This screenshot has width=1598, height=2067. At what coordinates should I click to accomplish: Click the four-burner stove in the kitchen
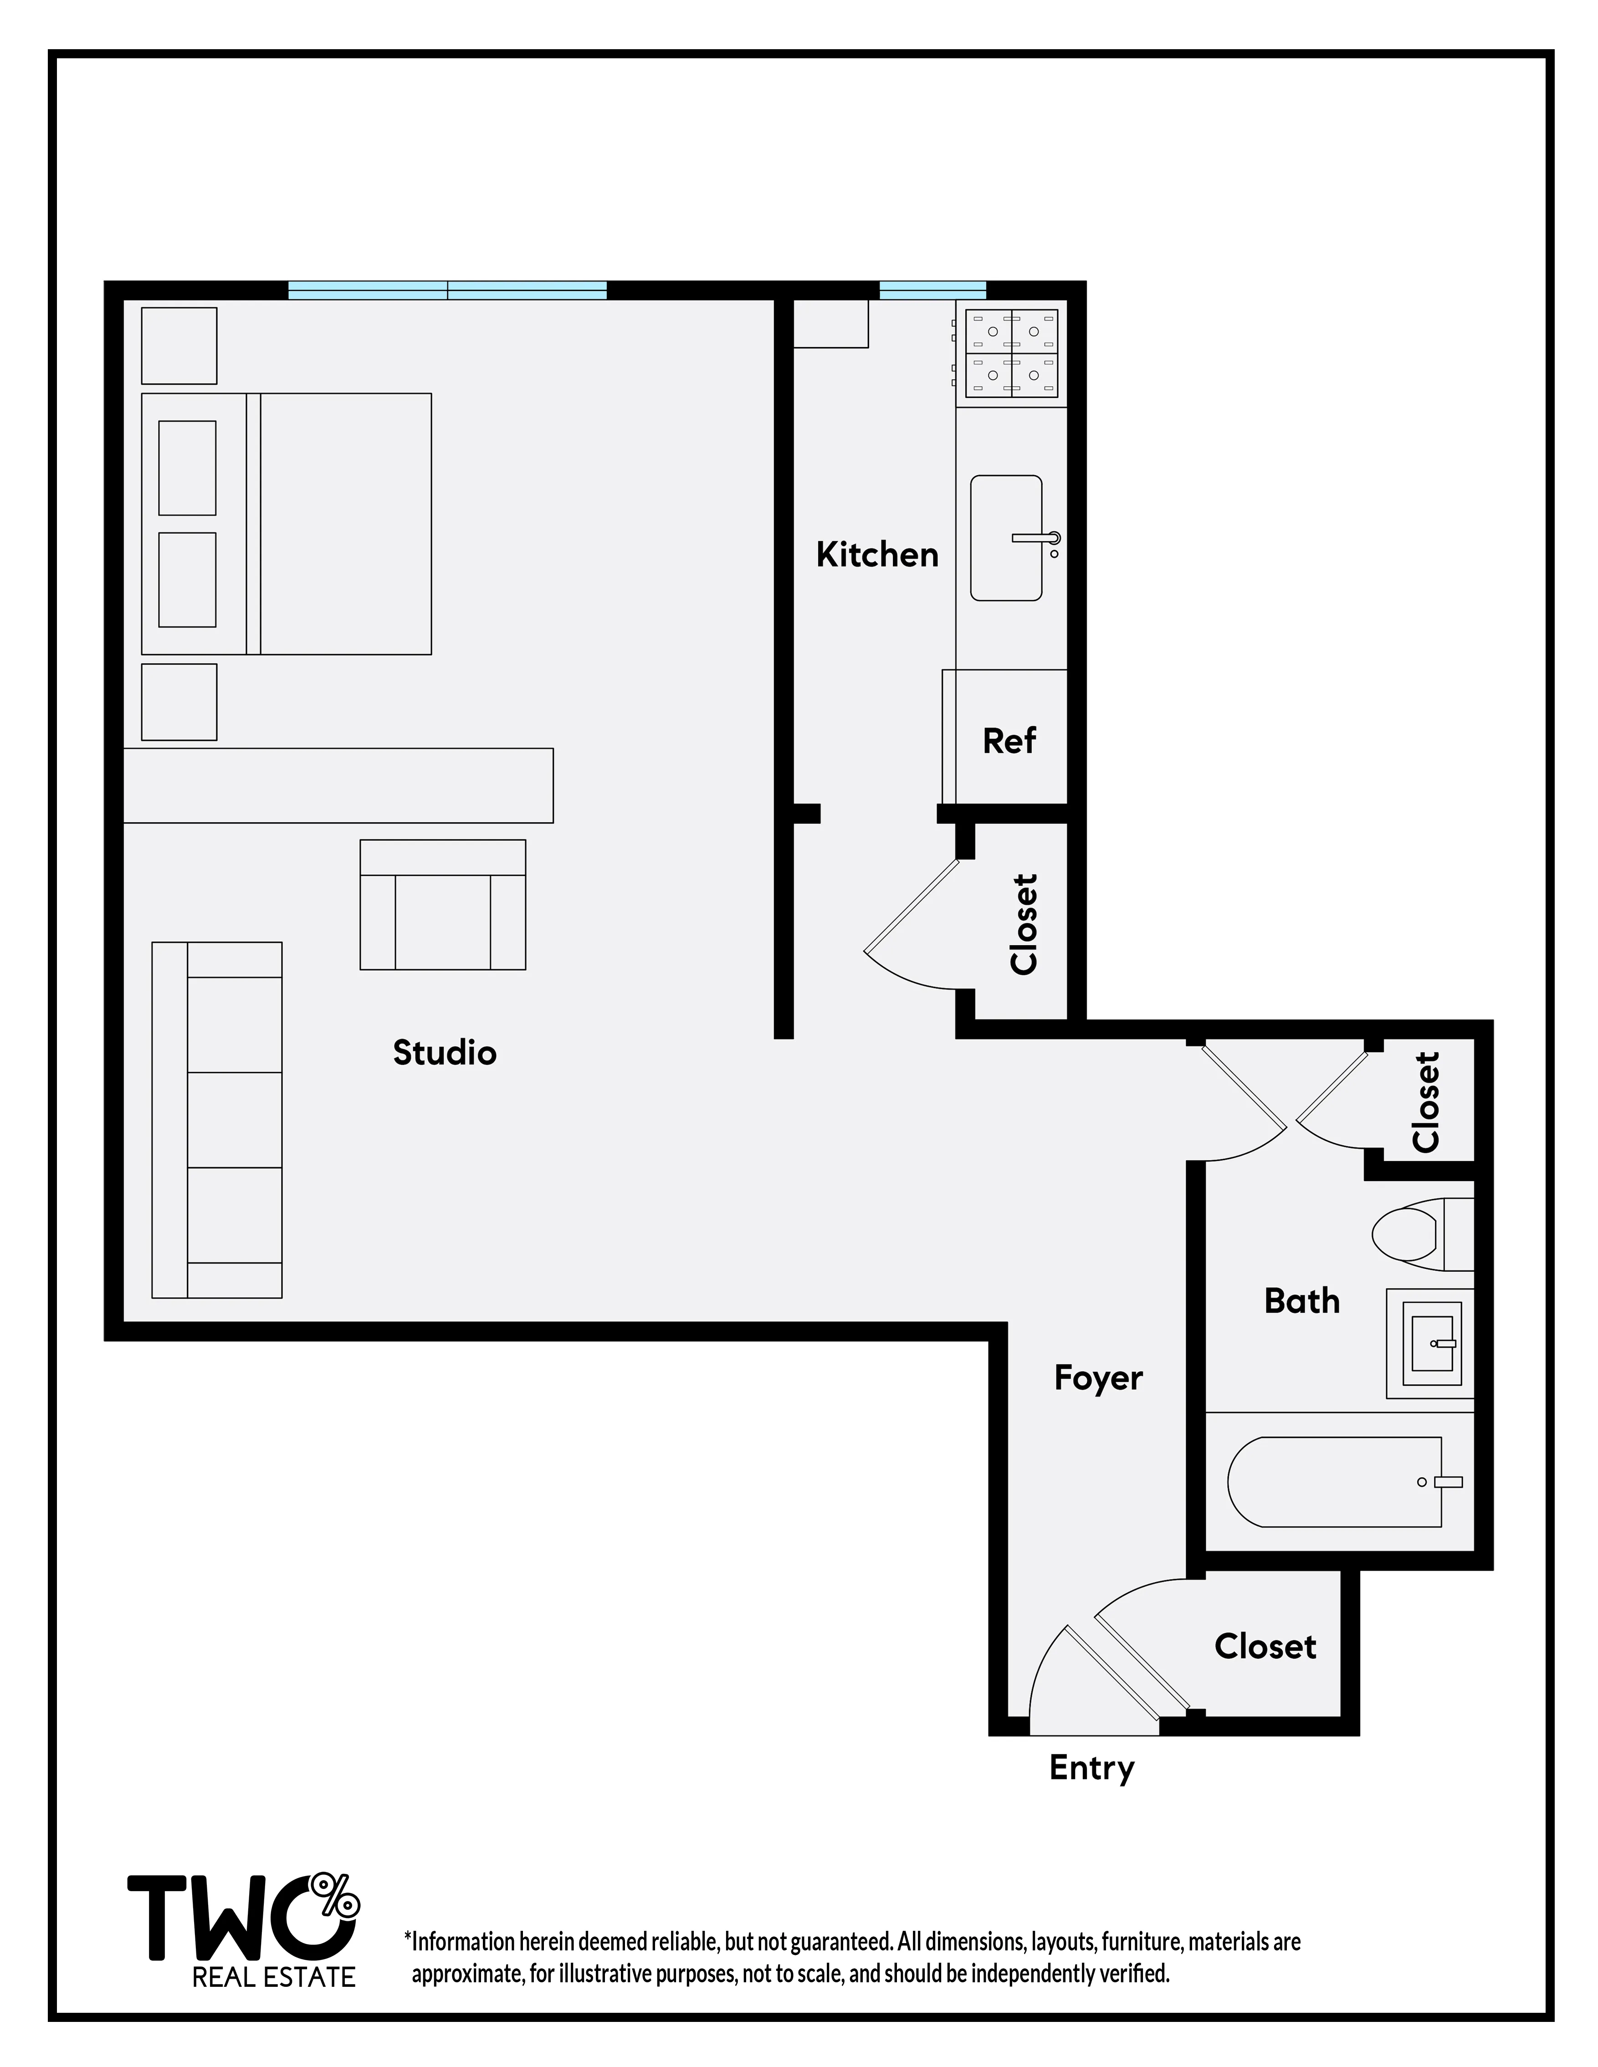[1011, 353]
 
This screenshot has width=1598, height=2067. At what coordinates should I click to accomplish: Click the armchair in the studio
[442, 905]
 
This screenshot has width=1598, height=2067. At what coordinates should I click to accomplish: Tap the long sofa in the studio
[217, 1120]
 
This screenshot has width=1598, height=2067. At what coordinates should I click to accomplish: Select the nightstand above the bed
[179, 345]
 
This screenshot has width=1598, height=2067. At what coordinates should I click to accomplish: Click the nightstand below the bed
[179, 702]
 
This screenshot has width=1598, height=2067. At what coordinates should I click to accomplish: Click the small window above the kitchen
[932, 291]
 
